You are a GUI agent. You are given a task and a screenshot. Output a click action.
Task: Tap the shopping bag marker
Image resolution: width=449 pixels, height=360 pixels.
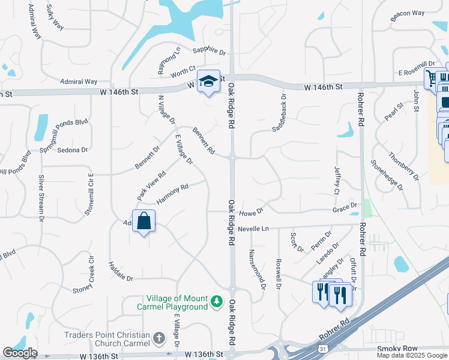[x=144, y=221]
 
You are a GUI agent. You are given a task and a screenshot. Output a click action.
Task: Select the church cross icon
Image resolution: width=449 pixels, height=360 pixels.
[x=158, y=339]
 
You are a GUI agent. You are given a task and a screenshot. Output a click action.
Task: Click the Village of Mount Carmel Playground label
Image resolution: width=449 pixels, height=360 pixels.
[x=178, y=302]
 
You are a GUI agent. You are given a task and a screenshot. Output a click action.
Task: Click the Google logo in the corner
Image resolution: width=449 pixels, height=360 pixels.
[x=20, y=353]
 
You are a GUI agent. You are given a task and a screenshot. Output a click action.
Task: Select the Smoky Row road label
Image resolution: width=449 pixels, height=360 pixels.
[x=393, y=349]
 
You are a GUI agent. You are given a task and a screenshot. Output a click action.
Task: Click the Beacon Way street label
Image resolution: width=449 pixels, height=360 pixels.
[x=407, y=13]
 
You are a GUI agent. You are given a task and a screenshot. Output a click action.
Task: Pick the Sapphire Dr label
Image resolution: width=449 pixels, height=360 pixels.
[x=209, y=52]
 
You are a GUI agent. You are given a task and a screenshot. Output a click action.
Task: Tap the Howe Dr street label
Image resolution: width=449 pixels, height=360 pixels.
[x=251, y=212]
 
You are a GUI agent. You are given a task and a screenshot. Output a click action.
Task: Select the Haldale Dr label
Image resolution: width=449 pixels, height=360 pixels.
[x=121, y=271]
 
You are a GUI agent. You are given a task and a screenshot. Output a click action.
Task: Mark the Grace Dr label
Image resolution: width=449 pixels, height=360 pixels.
[x=345, y=207]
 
